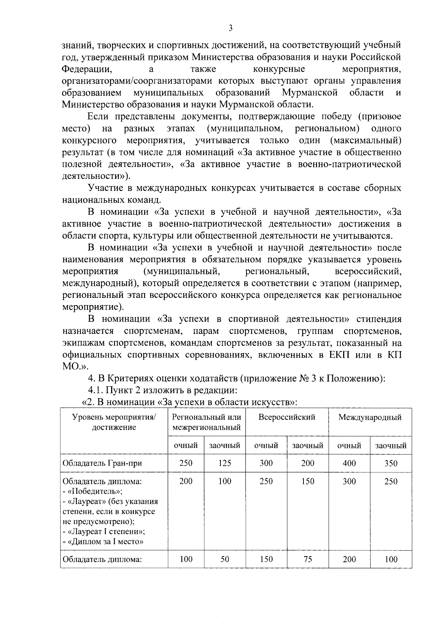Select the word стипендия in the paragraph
click(379, 320)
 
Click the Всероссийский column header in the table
click(287, 417)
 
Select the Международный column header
click(370, 418)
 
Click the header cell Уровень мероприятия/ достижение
click(114, 422)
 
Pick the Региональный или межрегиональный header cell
click(206, 422)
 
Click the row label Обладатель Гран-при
click(102, 463)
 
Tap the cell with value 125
click(225, 463)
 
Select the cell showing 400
click(349, 463)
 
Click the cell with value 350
click(391, 463)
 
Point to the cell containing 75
click(308, 559)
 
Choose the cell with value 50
click(225, 559)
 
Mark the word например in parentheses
click(379, 283)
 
